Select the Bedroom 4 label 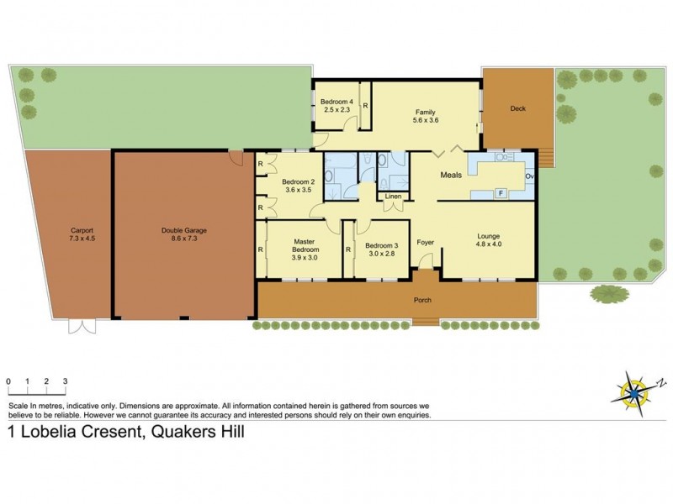[336, 102]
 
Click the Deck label [518, 108]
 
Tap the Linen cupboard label [393, 197]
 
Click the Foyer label [426, 243]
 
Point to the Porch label [421, 300]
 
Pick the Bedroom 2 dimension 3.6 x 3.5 [298, 190]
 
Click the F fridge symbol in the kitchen [501, 193]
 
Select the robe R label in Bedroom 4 [366, 106]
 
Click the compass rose [634, 389]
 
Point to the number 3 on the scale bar [65, 381]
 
